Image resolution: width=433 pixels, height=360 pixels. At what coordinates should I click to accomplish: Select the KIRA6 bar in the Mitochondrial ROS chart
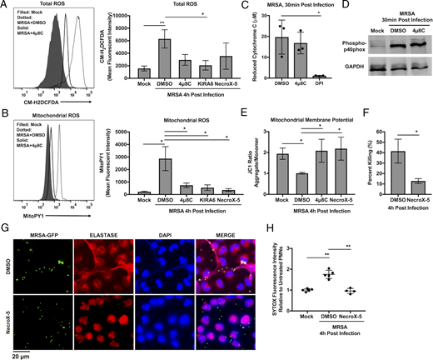coord(203,165)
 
